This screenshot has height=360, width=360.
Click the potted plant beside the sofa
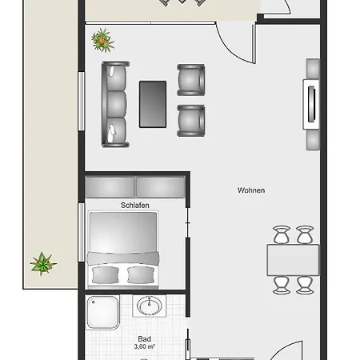[x=102, y=38]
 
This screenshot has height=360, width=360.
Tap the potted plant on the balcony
[x=42, y=262]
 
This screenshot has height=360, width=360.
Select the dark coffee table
[x=153, y=104]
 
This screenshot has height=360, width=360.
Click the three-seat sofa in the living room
[x=116, y=104]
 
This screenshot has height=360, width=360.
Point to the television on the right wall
[x=310, y=104]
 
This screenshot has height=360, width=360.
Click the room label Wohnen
[x=250, y=190]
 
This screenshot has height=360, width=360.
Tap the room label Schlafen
[x=136, y=205]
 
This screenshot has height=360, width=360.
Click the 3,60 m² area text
[x=144, y=347]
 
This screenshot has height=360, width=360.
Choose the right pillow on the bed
[x=140, y=274]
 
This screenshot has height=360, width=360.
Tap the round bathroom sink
[x=147, y=307]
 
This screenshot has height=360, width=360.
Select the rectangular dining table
[x=293, y=260]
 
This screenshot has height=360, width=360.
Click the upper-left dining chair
[x=281, y=234]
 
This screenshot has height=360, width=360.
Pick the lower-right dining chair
[x=305, y=285]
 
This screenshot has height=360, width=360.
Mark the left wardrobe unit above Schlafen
[x=111, y=187]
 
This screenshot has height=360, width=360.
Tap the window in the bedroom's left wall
[x=82, y=232]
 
